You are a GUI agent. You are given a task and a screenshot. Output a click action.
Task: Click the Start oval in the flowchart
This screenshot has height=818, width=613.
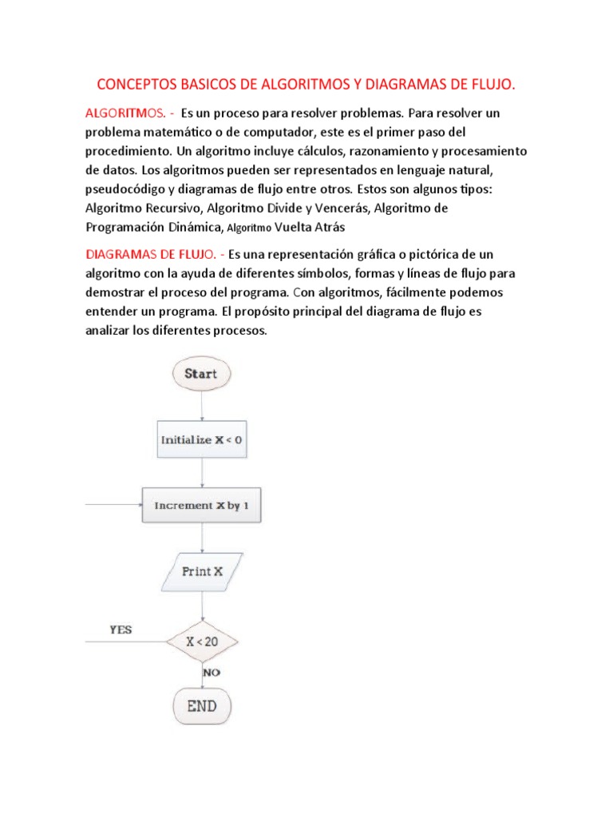[x=200, y=374]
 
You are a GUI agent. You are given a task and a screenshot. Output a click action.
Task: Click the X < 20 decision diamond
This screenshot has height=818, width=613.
[x=202, y=641]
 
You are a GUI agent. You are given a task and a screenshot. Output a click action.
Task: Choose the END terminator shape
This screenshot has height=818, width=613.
[x=201, y=705]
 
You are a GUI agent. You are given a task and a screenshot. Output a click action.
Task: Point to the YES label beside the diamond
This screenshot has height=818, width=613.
[x=121, y=629]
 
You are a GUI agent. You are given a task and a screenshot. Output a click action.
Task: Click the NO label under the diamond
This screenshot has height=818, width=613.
[x=212, y=673]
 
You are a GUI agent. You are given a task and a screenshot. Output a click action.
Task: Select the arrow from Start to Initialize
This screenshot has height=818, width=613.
[x=201, y=406]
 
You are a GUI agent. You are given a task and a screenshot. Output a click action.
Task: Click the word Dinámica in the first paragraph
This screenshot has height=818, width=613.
[x=188, y=227]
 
